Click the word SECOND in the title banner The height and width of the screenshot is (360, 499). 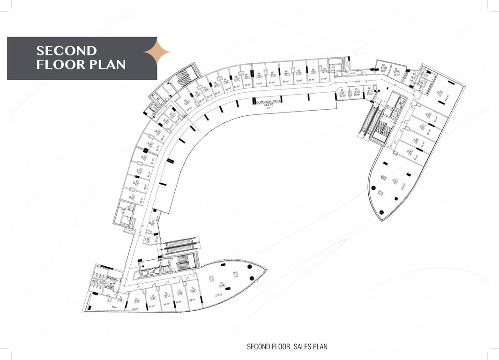[67, 51]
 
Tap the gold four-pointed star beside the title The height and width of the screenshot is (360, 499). [156, 52]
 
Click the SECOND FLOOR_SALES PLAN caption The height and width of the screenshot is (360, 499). [287, 347]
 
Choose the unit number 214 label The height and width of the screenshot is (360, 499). [326, 72]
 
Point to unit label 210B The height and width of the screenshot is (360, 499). [383, 68]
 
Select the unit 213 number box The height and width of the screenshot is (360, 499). [342, 92]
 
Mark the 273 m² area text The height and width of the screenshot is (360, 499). [218, 295]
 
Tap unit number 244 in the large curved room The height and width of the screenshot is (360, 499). [221, 285]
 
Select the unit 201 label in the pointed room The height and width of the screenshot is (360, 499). [396, 180]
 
